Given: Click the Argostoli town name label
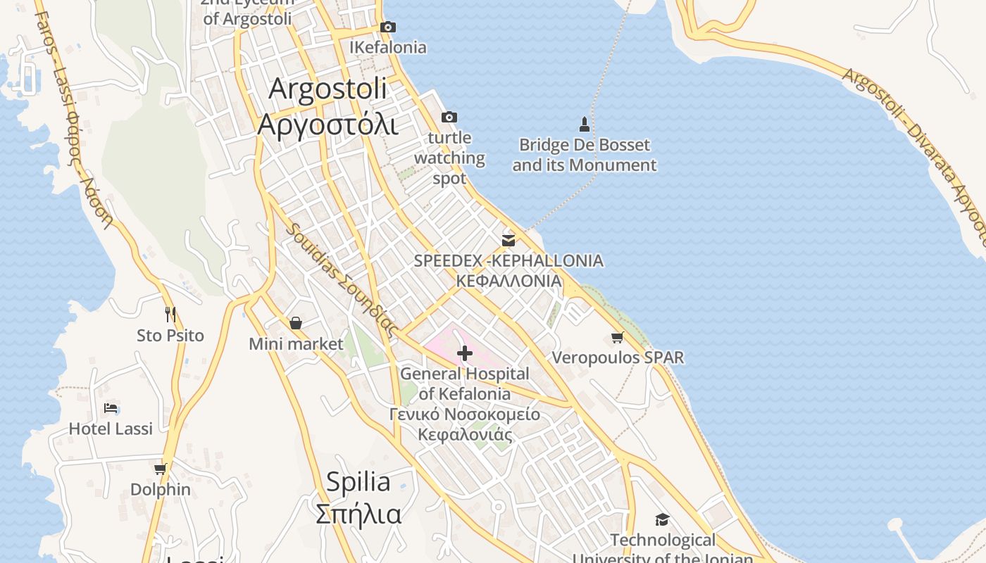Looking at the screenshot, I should click(x=328, y=106).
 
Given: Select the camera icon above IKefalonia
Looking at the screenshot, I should click(x=388, y=27).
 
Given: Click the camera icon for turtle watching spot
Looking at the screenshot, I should click(x=449, y=117).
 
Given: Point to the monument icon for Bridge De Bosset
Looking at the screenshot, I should click(x=584, y=125).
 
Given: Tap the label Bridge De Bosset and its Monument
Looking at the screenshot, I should click(x=584, y=156).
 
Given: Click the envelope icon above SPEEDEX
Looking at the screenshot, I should click(x=508, y=241).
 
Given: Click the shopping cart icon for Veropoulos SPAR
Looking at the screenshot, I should click(x=618, y=338).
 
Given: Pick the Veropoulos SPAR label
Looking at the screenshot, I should click(x=618, y=358).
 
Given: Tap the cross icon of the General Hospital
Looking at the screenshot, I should click(x=465, y=353).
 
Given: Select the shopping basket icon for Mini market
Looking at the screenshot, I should click(x=296, y=323).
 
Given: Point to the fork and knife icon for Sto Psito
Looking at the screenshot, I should click(x=170, y=314).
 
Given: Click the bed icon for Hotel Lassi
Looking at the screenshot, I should click(x=111, y=407).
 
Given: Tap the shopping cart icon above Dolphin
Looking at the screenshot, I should click(x=161, y=469).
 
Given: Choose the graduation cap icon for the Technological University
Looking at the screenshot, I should click(x=662, y=520).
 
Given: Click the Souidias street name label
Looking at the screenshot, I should click(x=342, y=279).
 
